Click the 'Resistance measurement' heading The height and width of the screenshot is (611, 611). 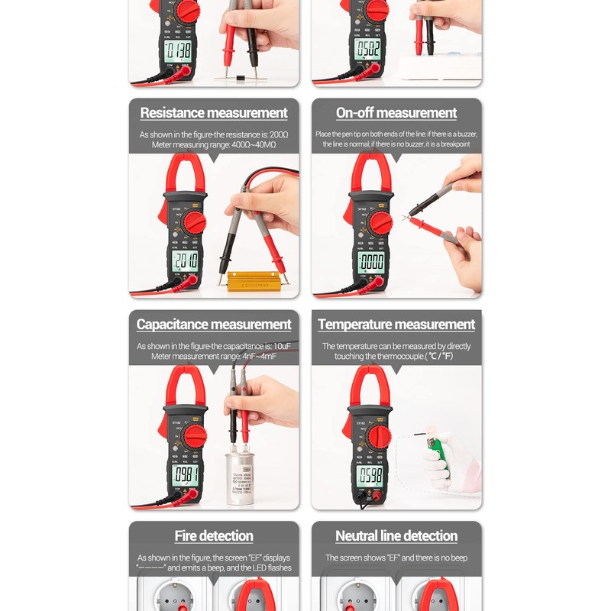click(x=214, y=113)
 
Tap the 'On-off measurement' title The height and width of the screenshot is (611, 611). click(x=396, y=113)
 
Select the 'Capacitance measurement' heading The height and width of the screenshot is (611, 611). click(x=214, y=325)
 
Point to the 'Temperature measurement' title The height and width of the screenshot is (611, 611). click(x=396, y=325)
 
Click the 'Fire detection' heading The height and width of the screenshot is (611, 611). click(x=214, y=536)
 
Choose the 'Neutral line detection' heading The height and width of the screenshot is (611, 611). click(x=396, y=536)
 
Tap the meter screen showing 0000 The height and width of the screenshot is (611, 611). click(x=371, y=262)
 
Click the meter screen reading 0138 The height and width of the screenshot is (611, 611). click(x=179, y=50)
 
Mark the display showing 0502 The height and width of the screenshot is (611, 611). click(x=367, y=49)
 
